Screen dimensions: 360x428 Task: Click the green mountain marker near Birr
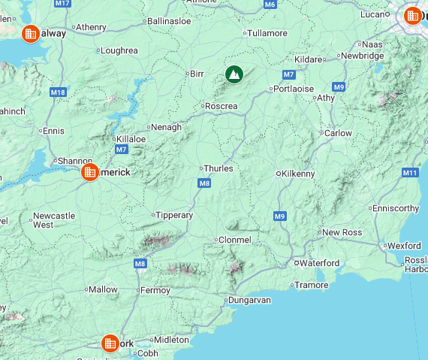tap(234, 74)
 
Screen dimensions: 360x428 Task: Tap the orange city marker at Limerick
tap(89, 172)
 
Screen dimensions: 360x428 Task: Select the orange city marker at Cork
tap(110, 343)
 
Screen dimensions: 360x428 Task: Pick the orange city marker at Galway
tap(31, 33)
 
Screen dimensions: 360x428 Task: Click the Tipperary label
tap(175, 215)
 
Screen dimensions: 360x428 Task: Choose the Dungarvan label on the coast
tap(250, 300)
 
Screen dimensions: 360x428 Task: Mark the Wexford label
tap(405, 246)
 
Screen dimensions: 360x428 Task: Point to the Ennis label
tap(54, 131)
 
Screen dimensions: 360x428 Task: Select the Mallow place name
tap(104, 289)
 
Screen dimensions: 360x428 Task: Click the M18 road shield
tap(58, 92)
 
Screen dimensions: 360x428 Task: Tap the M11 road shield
tap(410, 173)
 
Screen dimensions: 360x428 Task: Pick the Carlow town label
tap(337, 133)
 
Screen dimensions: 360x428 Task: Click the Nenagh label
tap(167, 127)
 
